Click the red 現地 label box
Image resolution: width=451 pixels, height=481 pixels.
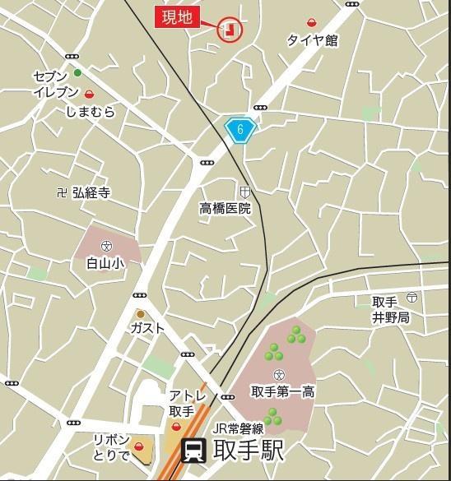pos(178,17)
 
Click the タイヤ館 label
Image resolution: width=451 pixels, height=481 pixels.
pos(313,39)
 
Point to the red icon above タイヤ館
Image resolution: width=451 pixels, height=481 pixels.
pos(313,23)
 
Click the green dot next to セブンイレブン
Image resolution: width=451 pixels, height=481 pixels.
pos(77,73)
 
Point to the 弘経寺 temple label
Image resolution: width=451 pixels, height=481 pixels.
pos(91,193)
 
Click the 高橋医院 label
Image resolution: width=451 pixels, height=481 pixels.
pos(225,209)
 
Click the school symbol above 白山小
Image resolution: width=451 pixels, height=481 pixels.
pos(106,246)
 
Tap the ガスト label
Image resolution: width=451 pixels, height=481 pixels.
pos(147,328)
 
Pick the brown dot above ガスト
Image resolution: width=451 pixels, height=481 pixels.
pos(141,313)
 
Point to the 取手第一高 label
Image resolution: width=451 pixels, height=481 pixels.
pos(282,391)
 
